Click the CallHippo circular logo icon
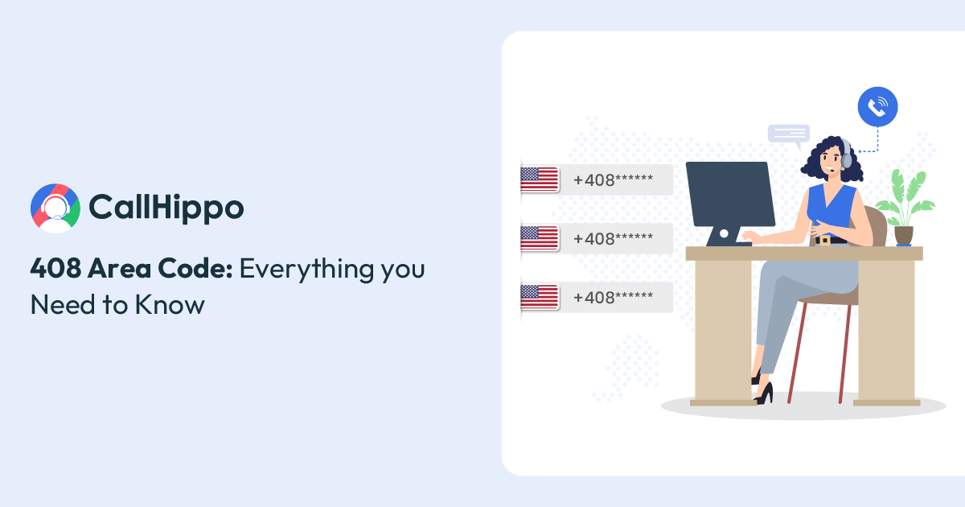(x=55, y=208)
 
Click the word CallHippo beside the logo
(x=166, y=208)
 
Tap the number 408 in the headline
(x=55, y=268)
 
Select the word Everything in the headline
(x=306, y=270)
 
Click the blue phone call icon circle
(x=877, y=107)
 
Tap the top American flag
(x=540, y=179)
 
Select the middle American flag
(x=540, y=238)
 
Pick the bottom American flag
(x=540, y=297)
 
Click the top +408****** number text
(x=613, y=179)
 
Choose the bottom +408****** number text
(x=613, y=298)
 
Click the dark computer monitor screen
(x=730, y=194)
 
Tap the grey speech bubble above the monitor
(x=789, y=135)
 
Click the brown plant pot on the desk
(x=904, y=236)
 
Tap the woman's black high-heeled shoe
(x=764, y=394)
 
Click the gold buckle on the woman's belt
(x=825, y=240)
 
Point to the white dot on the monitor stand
(x=724, y=233)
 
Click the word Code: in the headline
(x=195, y=268)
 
